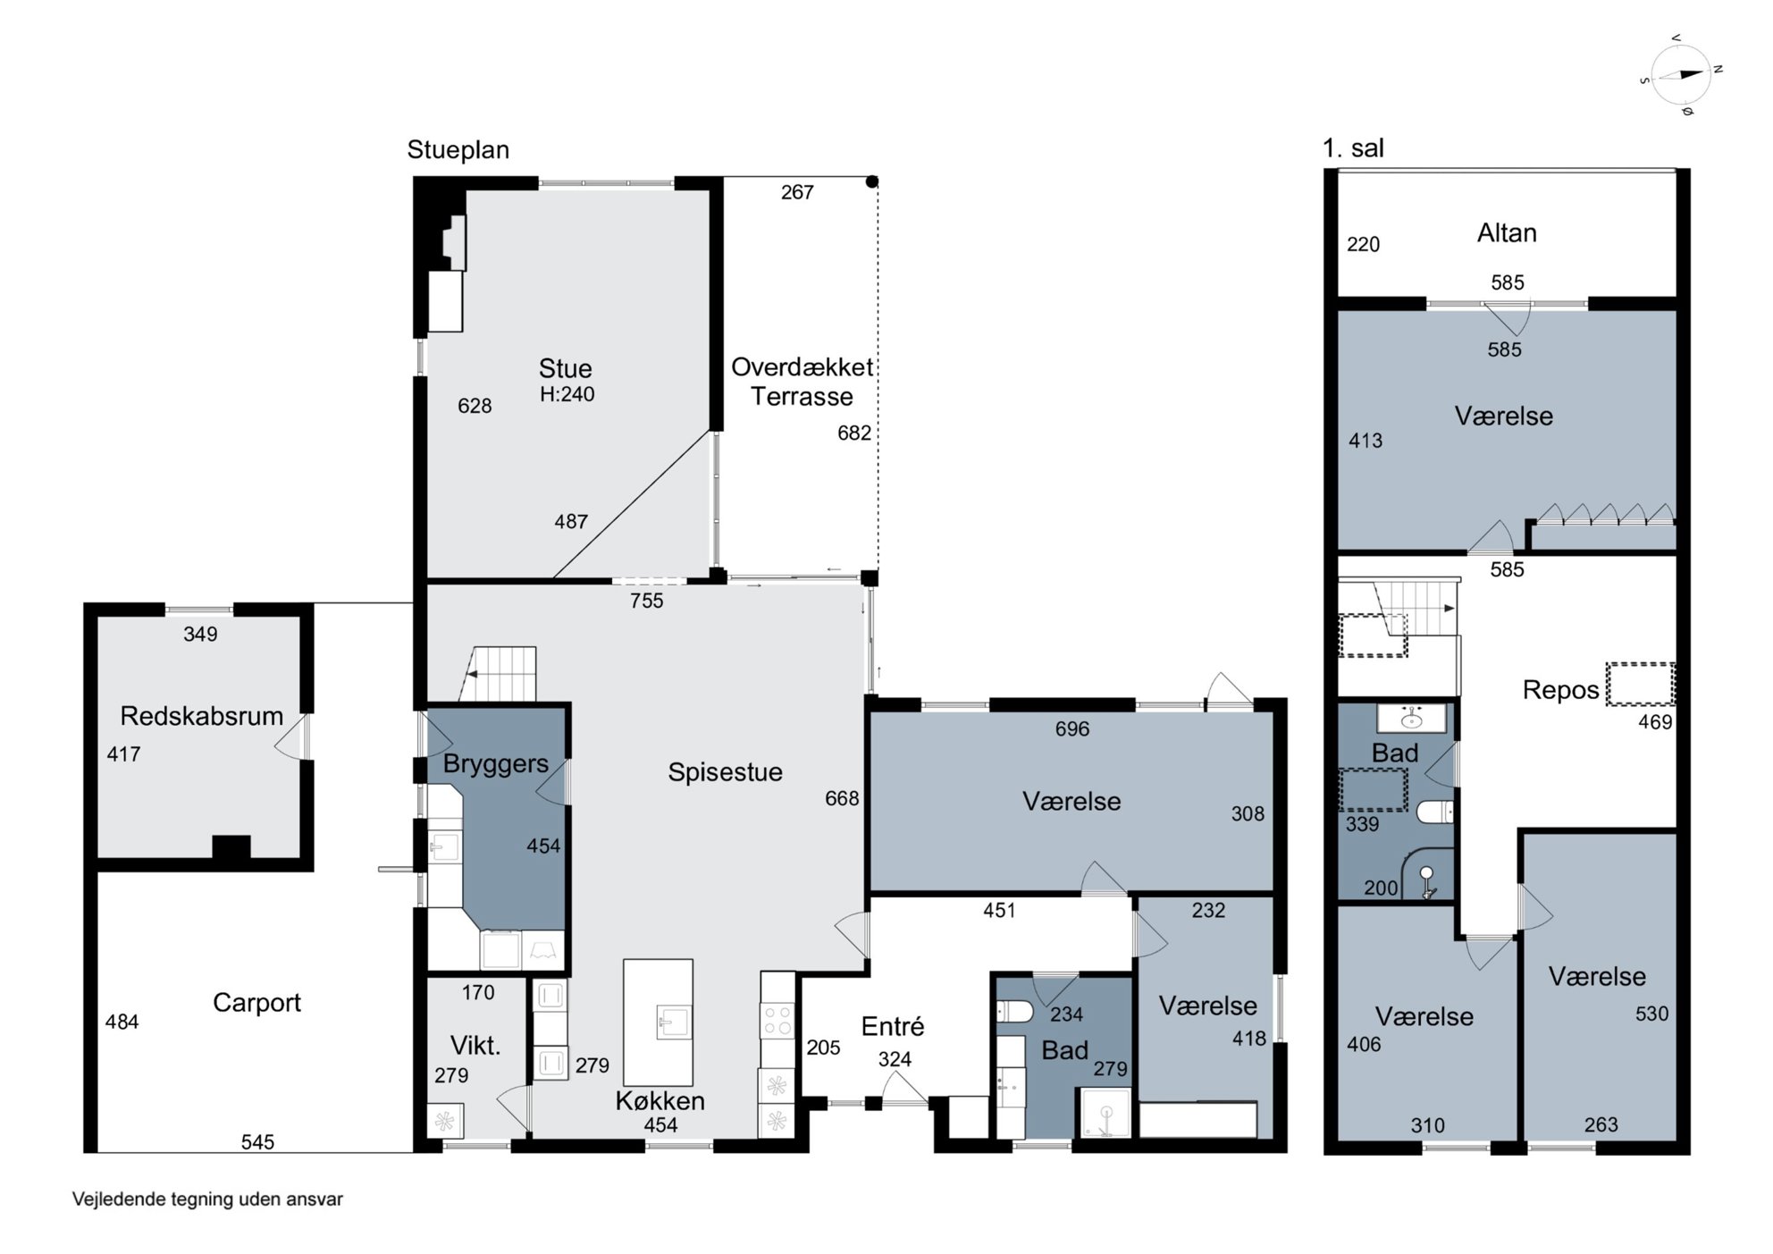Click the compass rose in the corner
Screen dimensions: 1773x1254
(1682, 75)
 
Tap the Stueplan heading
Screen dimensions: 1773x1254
(458, 149)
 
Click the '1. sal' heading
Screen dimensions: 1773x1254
(1353, 148)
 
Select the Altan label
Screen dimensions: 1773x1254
(1507, 233)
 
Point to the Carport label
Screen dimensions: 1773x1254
(256, 1003)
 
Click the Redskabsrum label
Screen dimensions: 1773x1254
(201, 716)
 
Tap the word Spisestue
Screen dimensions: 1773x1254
(725, 772)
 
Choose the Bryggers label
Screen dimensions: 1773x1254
(495, 764)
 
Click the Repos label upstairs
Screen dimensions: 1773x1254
(1560, 690)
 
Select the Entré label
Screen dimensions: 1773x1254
(892, 1026)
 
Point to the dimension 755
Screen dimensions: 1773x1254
(646, 602)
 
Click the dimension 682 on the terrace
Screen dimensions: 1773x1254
(853, 433)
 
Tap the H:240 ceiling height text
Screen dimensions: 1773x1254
(567, 394)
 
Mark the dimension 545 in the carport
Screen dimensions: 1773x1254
(257, 1141)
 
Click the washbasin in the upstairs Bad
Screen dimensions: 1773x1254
(1411, 719)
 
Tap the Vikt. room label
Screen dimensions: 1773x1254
(475, 1045)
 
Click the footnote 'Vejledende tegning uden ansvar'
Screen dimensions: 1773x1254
(207, 1199)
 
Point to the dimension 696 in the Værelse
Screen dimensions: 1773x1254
(1071, 729)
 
